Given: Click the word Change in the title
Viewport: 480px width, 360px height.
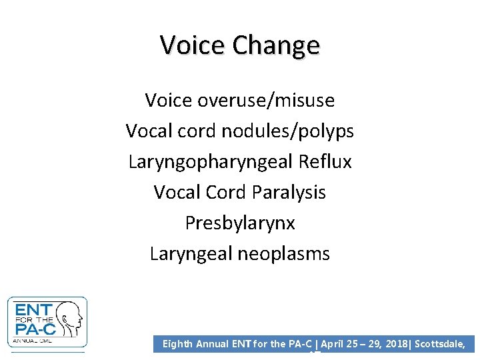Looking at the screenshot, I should click(x=275, y=45).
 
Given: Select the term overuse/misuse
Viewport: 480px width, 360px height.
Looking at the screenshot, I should click(x=266, y=100).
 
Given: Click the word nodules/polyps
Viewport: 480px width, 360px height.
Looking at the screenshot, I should click(x=287, y=131).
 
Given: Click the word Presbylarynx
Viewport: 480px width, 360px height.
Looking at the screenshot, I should click(x=240, y=223).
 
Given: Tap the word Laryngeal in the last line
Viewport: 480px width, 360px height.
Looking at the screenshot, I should click(x=191, y=253).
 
